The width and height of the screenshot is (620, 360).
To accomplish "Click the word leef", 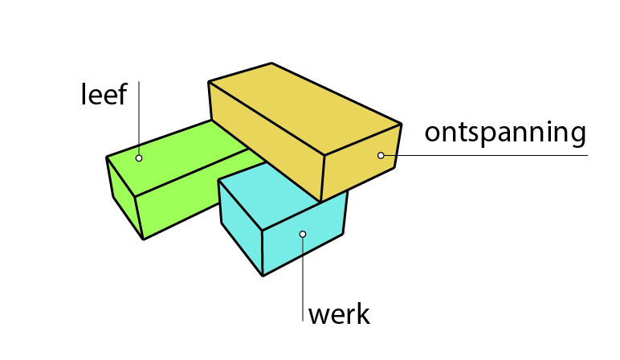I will coord(104,95).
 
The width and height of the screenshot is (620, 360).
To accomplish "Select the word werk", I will coord(339,313).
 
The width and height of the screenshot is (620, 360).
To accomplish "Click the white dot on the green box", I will coord(139,158).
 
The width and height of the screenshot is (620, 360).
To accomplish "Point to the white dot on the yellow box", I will coord(381,155).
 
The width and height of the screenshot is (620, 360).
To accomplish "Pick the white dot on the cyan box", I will coord(303,234).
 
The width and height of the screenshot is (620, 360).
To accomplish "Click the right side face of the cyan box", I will coord(305,233).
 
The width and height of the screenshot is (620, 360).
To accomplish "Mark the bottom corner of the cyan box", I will coord(263,276).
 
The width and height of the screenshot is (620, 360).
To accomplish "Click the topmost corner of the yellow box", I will coord(271,63).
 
